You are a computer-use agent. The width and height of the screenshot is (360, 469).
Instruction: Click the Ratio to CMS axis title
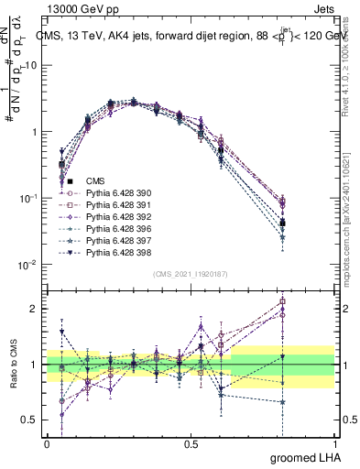coord(12,365)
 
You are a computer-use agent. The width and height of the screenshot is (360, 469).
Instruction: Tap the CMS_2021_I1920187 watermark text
coord(191,274)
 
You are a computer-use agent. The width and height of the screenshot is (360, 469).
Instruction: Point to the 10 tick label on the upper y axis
coord(32,65)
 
